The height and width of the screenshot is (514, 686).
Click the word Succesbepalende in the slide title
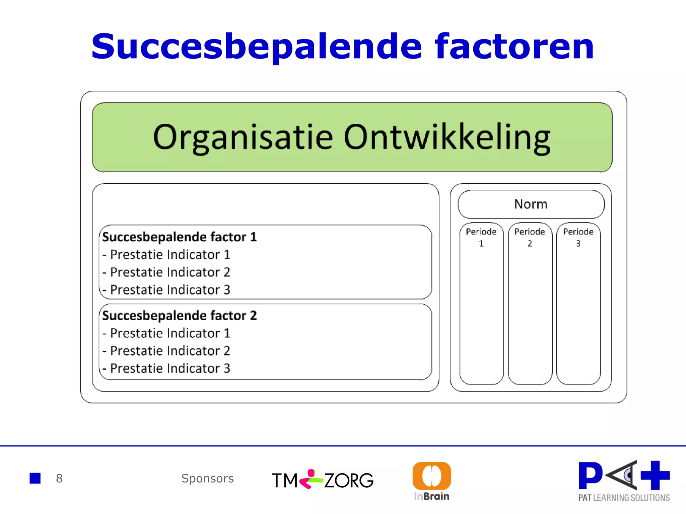[x=256, y=47]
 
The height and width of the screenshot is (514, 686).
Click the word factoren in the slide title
[x=514, y=47]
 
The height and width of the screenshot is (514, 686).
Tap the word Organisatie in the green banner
[x=243, y=137]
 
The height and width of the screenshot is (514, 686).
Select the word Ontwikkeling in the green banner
[x=447, y=137]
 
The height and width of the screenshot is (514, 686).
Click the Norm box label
[x=531, y=204]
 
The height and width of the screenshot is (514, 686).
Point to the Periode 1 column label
[x=481, y=237]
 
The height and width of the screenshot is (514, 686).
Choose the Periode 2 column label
[x=530, y=237]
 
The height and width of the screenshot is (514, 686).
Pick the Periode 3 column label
[x=578, y=237]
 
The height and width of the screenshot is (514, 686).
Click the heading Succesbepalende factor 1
[x=179, y=237]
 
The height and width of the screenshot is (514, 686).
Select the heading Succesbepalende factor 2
[x=179, y=316]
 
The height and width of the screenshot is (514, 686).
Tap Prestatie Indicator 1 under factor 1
[x=170, y=255]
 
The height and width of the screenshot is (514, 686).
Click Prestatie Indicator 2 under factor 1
[x=170, y=272]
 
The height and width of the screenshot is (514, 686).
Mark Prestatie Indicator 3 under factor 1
[x=170, y=290]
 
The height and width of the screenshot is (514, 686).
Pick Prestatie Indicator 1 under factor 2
[x=170, y=333]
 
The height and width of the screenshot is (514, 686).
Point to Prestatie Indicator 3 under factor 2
[x=170, y=368]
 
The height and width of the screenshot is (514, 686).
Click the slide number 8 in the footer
[x=59, y=479]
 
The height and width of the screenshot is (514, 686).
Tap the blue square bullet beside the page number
[x=35, y=478]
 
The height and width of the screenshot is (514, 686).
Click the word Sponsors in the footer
[x=207, y=479]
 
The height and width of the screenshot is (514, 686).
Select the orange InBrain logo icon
[x=431, y=476]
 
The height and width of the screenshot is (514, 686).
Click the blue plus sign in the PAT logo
[x=655, y=475]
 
